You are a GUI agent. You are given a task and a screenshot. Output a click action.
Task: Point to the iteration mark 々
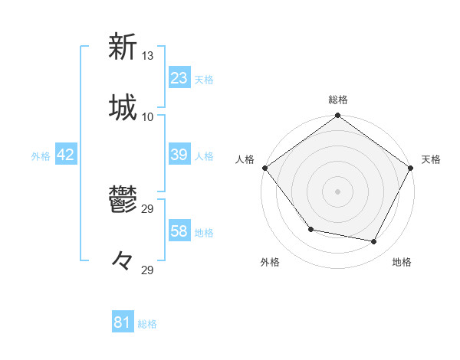[x=123, y=261]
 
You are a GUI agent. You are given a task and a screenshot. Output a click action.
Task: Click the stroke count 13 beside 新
[x=148, y=55]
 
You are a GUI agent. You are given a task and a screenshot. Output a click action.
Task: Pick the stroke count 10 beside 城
[x=148, y=116]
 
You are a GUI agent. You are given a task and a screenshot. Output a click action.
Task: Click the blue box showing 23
[x=179, y=78]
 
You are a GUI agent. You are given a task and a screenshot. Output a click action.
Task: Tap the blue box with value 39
[x=179, y=155]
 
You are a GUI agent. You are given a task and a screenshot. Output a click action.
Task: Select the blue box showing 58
[x=179, y=232]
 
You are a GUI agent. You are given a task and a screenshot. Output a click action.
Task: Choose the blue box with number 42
[x=66, y=155]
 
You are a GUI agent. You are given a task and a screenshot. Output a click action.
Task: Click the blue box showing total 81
[x=122, y=323]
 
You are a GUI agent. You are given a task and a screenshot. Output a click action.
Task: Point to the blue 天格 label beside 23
[x=204, y=80]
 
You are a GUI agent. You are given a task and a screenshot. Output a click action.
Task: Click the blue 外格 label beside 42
[x=41, y=156]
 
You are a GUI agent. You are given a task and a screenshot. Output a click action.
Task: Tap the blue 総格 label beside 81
[x=147, y=324]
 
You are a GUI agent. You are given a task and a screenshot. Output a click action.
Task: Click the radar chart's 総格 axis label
[x=338, y=100]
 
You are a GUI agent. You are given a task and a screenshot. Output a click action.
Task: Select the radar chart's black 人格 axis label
[x=245, y=159]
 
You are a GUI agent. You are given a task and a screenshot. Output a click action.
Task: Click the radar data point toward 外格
[x=310, y=229]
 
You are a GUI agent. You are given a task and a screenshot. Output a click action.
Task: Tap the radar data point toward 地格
[x=374, y=241]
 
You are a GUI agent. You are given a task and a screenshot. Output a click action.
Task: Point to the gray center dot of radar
[x=338, y=191]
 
